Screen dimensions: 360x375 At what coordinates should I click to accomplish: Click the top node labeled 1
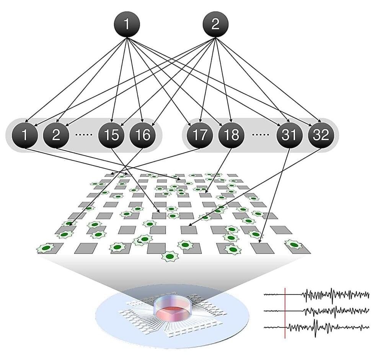tap(127, 24)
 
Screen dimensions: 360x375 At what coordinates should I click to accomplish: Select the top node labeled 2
tap(215, 24)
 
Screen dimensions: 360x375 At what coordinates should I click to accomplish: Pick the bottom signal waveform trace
tap(325, 327)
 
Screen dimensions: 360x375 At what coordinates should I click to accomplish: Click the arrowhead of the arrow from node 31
tap(261, 241)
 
